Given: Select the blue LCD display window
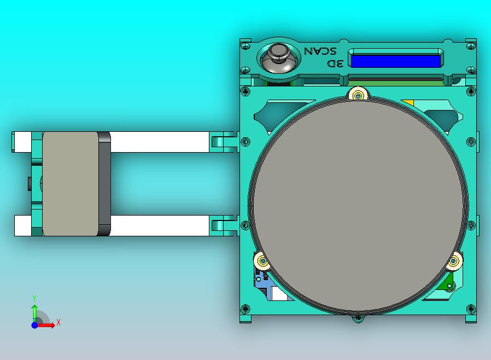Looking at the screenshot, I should click(x=395, y=61).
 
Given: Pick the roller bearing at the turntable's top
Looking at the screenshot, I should click(x=358, y=96).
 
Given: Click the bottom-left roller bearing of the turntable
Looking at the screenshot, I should click(x=262, y=262).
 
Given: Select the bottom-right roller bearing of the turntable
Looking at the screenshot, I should click(x=453, y=262).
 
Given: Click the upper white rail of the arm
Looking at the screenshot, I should click(x=159, y=142).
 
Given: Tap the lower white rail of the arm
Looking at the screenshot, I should click(x=159, y=225).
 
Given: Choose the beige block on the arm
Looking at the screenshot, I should click(x=70, y=183).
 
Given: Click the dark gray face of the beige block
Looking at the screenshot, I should click(x=104, y=183).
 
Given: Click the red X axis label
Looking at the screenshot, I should click(x=59, y=322).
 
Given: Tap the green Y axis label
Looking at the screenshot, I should click(x=34, y=298).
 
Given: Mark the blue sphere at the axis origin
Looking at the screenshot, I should click(x=34, y=325).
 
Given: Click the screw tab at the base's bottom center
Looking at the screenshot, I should click(x=358, y=318).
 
